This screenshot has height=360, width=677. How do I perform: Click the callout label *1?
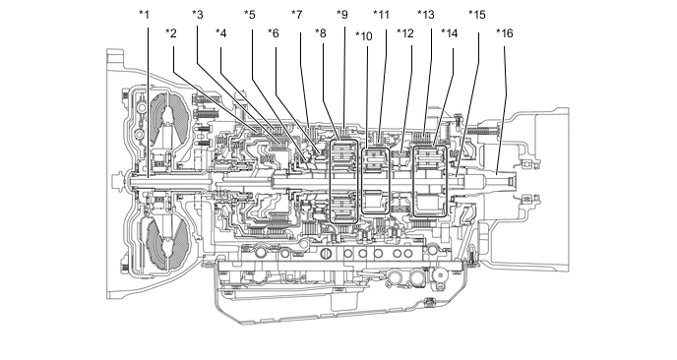pyautogui.click(x=144, y=15)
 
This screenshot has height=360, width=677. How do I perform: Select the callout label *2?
pyautogui.click(x=171, y=33)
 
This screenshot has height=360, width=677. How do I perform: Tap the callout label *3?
pyautogui.click(x=198, y=15)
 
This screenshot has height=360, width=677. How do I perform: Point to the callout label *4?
pyautogui.click(x=221, y=33)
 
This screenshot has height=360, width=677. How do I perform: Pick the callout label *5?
pyautogui.click(x=250, y=15)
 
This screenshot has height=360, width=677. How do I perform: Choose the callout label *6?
pyautogui.click(x=274, y=33)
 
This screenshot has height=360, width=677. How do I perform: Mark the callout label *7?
pyautogui.click(x=296, y=15)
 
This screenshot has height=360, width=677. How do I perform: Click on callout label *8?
pyautogui.click(x=321, y=33)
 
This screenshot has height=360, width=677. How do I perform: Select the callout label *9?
pyautogui.click(x=342, y=15)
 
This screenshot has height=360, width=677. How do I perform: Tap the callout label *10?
pyautogui.click(x=363, y=36)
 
